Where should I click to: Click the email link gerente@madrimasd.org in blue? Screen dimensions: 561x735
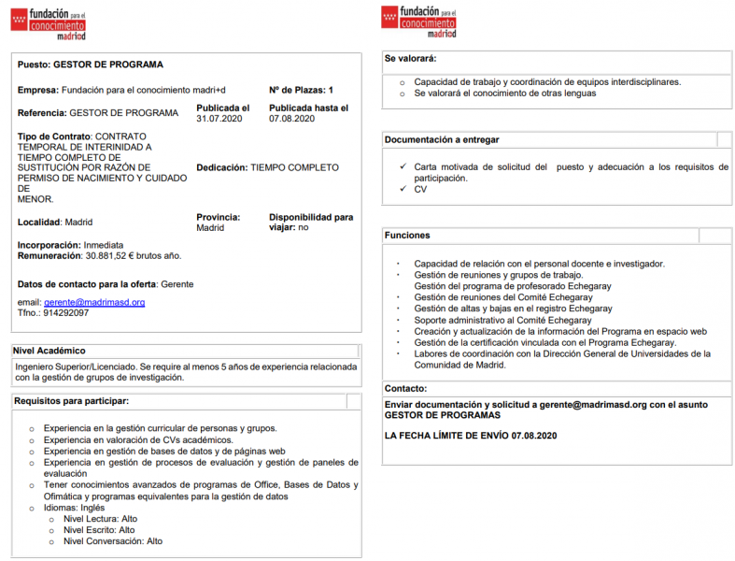point(94,302)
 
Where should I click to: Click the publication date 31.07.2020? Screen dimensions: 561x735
point(219,119)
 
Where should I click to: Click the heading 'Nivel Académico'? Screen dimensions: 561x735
point(49,351)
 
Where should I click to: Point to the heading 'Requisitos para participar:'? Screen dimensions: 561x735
point(71,401)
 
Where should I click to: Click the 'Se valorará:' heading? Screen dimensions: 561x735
point(411,58)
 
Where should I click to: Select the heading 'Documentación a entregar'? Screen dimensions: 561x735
point(442,139)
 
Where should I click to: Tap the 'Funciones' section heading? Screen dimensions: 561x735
point(407,235)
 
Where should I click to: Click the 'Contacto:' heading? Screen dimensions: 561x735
point(405,387)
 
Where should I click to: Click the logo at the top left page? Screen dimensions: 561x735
point(49,21)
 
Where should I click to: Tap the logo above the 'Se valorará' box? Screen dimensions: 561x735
point(419,21)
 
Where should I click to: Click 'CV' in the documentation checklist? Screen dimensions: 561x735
point(420,189)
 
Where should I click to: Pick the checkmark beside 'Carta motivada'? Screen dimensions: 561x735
point(401,166)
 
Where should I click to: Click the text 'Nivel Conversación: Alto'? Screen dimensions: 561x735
point(112,541)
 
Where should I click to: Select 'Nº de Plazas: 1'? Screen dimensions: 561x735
point(301,90)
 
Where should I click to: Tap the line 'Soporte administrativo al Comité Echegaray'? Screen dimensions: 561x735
point(502,320)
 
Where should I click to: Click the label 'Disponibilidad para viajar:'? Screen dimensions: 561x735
point(310,222)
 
